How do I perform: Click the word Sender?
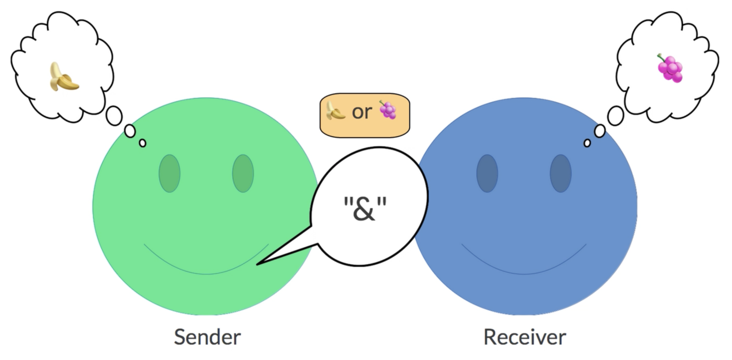(207, 337)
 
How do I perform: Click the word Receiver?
(524, 337)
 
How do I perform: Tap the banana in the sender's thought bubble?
(64, 77)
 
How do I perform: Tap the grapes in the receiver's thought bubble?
(670, 68)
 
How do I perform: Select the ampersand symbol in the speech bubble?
(364, 209)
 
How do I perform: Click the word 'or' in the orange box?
(362, 112)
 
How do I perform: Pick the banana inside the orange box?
(335, 110)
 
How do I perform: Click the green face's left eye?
(169, 173)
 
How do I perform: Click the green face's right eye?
(243, 173)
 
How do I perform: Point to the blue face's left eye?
(487, 173)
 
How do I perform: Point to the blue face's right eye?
(561, 173)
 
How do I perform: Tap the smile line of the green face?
(207, 274)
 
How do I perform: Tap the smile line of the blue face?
(524, 274)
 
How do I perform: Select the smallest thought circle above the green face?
(143, 143)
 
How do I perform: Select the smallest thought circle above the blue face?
(587, 143)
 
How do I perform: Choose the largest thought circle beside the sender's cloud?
(114, 116)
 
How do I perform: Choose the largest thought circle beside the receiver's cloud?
(615, 116)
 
